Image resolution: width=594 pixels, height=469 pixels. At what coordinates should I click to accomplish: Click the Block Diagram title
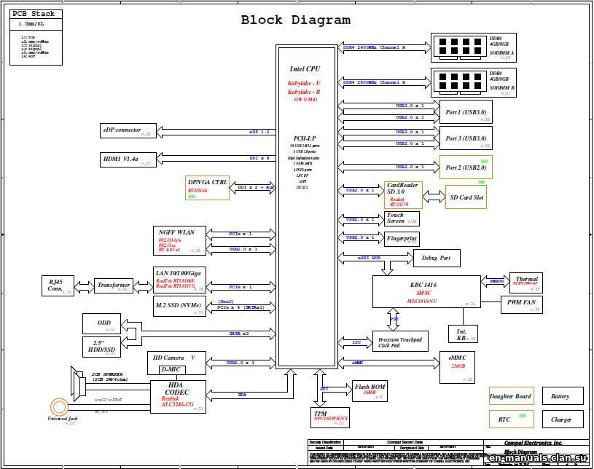295,20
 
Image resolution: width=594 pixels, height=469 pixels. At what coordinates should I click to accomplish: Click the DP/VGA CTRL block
208,188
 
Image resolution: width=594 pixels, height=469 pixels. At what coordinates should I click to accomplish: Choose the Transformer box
114,285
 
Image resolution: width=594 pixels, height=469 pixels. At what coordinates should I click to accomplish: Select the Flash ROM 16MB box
369,390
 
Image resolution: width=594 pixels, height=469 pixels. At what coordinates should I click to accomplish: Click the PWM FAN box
520,304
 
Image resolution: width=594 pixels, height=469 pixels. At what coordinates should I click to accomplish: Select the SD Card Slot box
465,197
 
